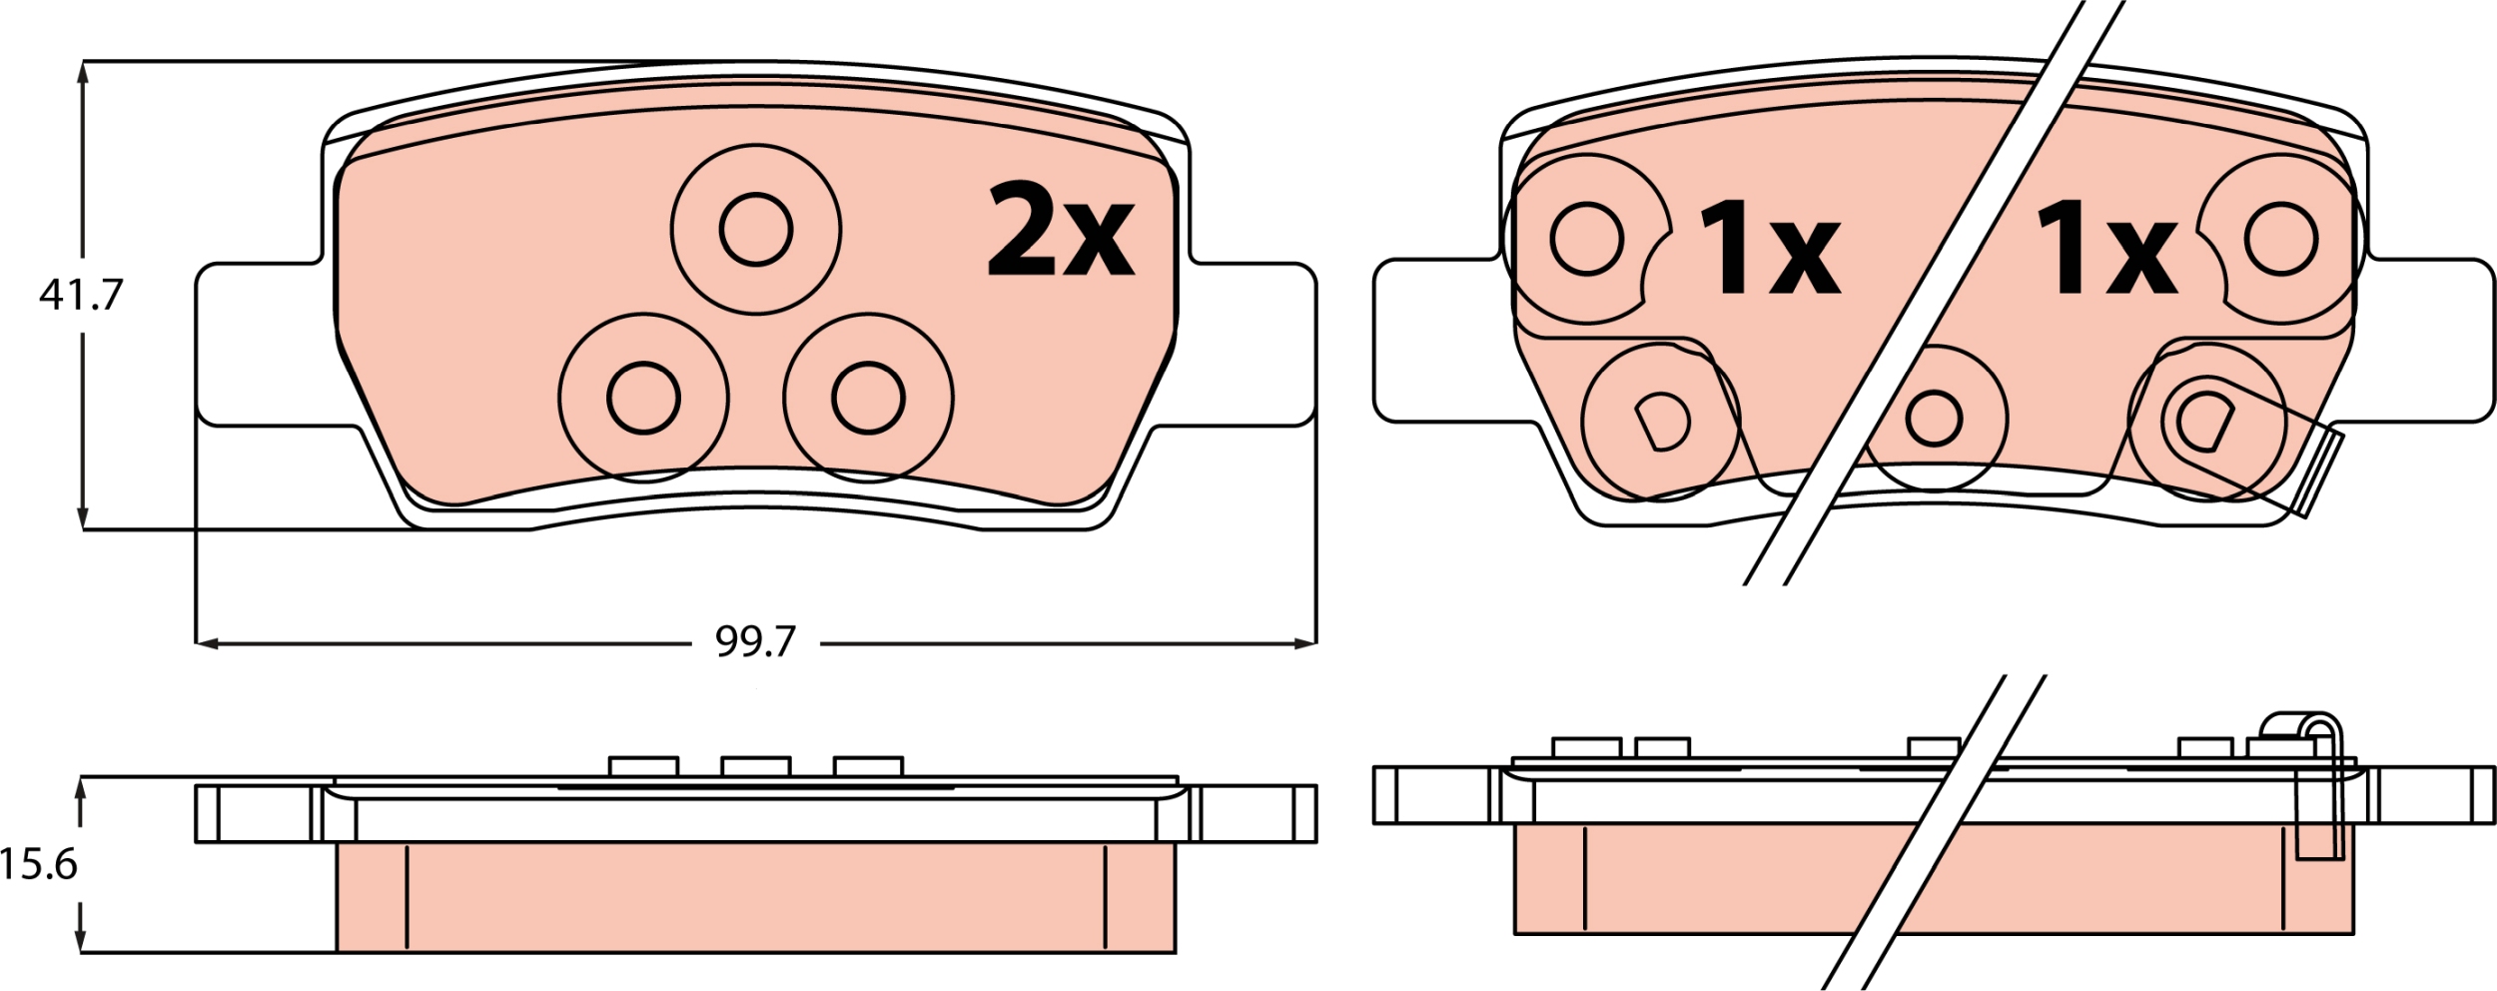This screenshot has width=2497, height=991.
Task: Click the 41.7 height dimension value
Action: pos(81,295)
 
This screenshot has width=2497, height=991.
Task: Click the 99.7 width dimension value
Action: pos(755,641)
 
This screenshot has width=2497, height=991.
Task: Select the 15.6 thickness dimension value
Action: pos(38,864)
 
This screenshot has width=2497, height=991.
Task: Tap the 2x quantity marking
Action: pos(1060,230)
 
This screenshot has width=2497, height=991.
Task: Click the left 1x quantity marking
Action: pos(1769,247)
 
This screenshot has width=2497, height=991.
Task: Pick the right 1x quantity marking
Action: pos(2106,247)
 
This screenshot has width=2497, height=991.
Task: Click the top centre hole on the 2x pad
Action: pos(756,230)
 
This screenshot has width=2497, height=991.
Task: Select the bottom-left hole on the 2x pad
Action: pos(644,398)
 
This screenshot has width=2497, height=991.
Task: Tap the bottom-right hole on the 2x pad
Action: pos(868,398)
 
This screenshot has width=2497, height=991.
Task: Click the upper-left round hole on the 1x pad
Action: pos(1587,240)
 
